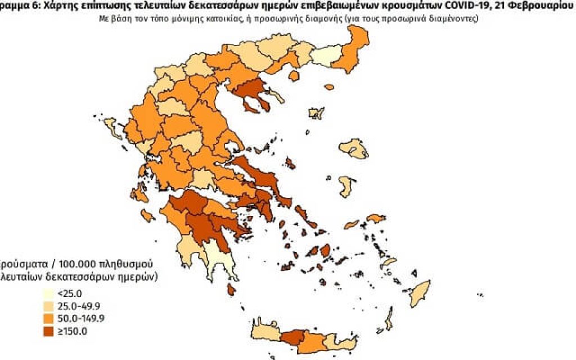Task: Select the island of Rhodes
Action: (436, 294)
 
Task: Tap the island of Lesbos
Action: (357, 150)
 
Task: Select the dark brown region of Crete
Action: (292, 337)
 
